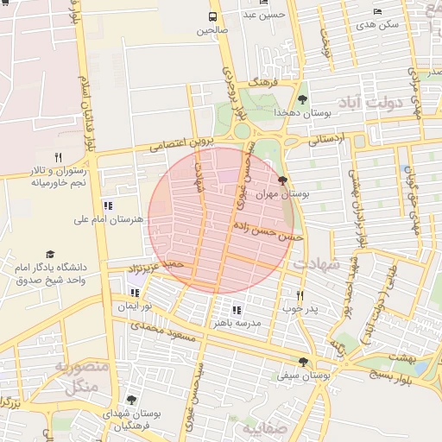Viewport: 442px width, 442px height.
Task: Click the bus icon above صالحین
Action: (x=213, y=16)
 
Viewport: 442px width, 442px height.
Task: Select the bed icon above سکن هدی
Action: (x=377, y=11)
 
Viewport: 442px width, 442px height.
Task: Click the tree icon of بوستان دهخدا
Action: (x=301, y=100)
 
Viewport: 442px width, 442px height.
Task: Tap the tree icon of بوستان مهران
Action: (x=283, y=180)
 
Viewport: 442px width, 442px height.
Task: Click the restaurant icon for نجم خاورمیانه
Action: (x=58, y=157)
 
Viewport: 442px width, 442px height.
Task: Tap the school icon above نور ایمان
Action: (x=134, y=293)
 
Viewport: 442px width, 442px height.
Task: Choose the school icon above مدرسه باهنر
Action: (x=237, y=309)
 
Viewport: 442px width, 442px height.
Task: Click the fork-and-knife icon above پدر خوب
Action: (x=300, y=294)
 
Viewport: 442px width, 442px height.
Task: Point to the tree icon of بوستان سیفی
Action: (x=302, y=362)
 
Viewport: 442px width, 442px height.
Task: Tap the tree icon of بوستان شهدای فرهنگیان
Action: (x=130, y=400)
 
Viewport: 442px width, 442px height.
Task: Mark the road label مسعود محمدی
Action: (x=159, y=326)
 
